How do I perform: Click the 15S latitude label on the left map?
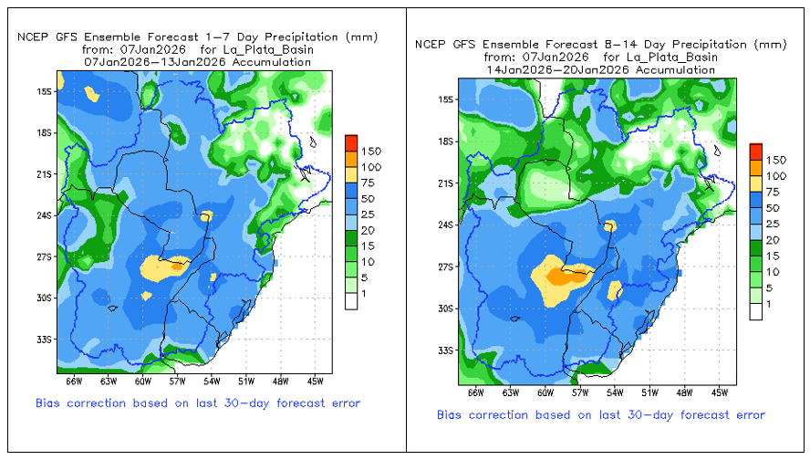[x=45, y=91]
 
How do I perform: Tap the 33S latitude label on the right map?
[x=445, y=350]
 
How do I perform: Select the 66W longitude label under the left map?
[x=74, y=382]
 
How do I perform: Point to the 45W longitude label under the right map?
[x=719, y=392]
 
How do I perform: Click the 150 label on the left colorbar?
[x=371, y=152]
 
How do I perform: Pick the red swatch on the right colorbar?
[x=756, y=152]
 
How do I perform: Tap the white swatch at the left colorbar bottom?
[x=351, y=301]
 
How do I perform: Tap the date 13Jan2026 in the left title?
[x=196, y=63]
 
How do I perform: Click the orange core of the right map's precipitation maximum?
[x=567, y=277]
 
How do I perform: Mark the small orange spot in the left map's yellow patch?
[x=177, y=267]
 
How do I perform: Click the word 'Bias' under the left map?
[x=47, y=403]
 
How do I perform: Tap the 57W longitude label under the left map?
[x=177, y=382]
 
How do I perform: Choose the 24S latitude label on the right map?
[x=445, y=225]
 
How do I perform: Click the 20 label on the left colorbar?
[x=368, y=231]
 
